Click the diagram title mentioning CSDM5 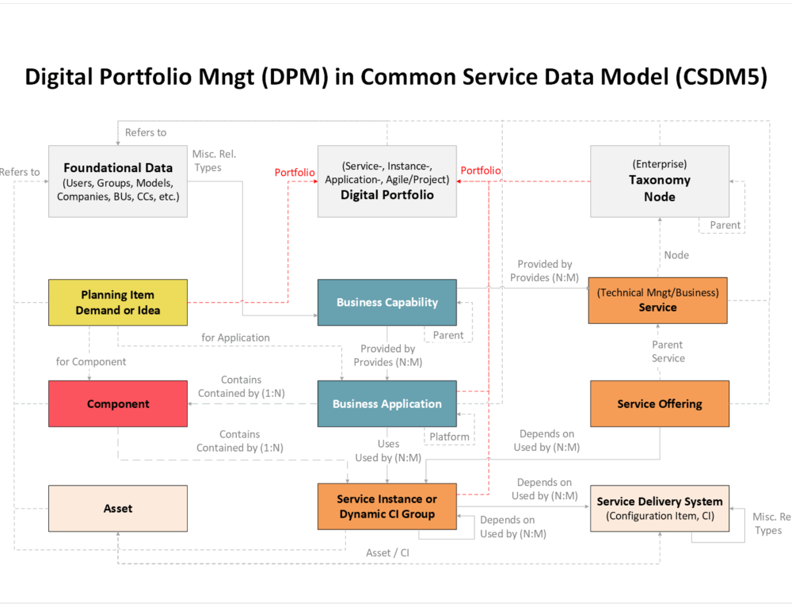pos(396,78)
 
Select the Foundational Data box pos(118,181)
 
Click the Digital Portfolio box pos(386,181)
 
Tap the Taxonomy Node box pos(659,181)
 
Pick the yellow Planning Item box pos(118,303)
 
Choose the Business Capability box pos(386,303)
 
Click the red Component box pos(118,404)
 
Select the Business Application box pos(386,404)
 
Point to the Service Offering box pos(659,404)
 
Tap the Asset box pos(118,509)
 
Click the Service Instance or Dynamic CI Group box pos(386,506)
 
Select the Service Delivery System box pos(659,509)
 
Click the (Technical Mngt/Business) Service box pos(657,300)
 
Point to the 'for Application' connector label pos(235,338)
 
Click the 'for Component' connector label pos(91,362)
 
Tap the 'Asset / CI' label pos(388,552)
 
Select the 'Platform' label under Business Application pos(449,437)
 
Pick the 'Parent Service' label pos(668,352)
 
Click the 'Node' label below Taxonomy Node pos(676,255)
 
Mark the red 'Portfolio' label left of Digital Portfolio pos(295,172)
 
